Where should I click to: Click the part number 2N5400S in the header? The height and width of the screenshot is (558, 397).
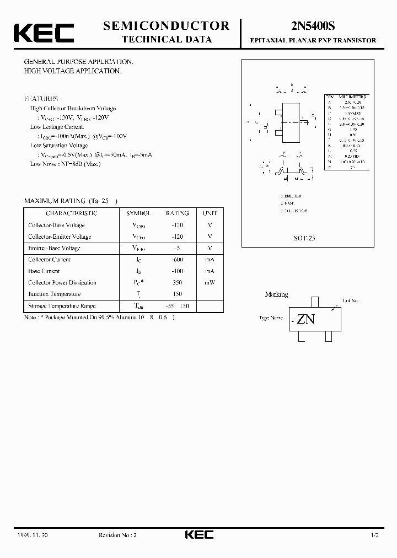pos(313,26)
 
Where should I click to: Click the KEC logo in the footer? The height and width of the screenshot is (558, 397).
pos(198,534)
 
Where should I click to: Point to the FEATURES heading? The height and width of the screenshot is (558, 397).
pos(41,99)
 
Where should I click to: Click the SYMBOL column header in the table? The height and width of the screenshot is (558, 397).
pos(138,213)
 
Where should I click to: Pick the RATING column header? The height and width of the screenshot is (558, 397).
pos(177,213)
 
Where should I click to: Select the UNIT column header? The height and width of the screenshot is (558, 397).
pos(210,213)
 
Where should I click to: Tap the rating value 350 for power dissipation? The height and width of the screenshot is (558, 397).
pos(177,282)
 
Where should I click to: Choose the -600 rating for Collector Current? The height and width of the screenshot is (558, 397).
pos(177,259)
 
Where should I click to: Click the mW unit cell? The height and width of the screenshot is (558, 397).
pos(210,282)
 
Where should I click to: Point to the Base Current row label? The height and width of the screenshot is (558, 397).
pos(44,271)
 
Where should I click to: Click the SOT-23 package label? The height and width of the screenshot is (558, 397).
pos(304,238)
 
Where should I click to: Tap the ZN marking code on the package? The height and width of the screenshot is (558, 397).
pos(305,319)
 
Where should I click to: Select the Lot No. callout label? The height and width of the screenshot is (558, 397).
pos(351,301)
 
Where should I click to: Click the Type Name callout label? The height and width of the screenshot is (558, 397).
pos(271,318)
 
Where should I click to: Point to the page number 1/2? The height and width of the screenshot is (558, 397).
pos(375,535)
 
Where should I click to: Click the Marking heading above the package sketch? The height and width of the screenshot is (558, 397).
pos(276,294)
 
